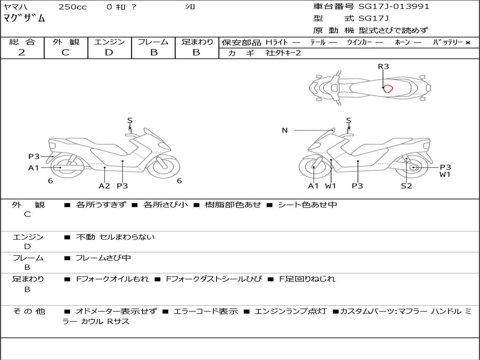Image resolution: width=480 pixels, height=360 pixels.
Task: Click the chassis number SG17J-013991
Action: click(x=394, y=7)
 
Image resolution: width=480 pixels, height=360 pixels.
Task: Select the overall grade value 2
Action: click(x=22, y=52)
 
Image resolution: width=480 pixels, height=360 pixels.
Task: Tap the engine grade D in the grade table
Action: click(x=109, y=52)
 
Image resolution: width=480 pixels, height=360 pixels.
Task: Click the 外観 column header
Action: click(x=66, y=42)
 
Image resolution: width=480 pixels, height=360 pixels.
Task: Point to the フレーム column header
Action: click(x=153, y=42)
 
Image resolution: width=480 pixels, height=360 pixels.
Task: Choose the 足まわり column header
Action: click(x=197, y=42)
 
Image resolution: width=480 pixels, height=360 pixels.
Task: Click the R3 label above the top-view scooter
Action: click(x=383, y=67)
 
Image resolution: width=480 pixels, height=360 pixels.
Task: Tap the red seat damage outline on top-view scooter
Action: click(x=387, y=88)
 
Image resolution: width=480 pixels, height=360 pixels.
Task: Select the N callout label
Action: click(x=285, y=130)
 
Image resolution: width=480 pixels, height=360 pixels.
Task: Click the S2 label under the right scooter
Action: click(x=406, y=186)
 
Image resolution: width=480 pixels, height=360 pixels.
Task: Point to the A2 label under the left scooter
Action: click(x=104, y=186)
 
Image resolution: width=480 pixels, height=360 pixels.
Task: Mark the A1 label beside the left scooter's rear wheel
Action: click(x=34, y=167)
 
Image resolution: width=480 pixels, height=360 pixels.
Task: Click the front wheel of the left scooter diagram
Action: click(x=163, y=167)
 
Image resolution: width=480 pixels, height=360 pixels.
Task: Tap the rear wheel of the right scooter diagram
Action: click(x=413, y=167)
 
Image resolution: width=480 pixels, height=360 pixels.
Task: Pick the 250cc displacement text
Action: click(x=72, y=7)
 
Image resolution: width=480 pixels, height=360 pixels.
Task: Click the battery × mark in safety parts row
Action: click(x=467, y=42)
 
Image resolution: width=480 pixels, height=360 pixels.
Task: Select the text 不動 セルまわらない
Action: click(x=115, y=237)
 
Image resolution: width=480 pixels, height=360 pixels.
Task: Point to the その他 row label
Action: click(x=28, y=311)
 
